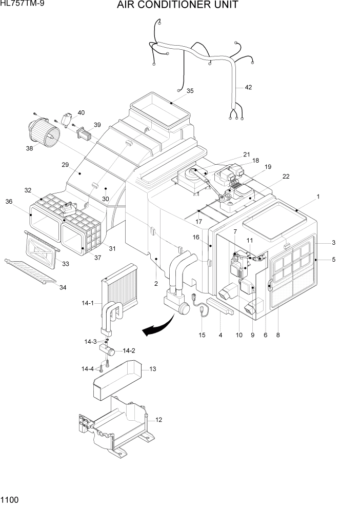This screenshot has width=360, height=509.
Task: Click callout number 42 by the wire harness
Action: coord(248,87)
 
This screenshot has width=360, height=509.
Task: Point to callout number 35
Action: coord(190,91)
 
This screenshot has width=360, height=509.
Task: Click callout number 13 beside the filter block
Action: coord(152,369)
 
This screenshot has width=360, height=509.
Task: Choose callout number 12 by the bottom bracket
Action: coord(158,420)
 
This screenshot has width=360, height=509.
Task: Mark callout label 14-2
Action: coord(129,351)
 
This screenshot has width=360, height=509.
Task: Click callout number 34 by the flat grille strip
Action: coord(63,287)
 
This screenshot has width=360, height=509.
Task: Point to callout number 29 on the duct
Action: coord(65,165)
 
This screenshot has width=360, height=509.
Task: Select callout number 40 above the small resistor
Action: coord(81,112)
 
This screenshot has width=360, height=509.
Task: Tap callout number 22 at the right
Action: coord(286,177)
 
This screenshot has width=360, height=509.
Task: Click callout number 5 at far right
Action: coord(333,260)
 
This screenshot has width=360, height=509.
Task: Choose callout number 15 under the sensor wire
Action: coord(202,335)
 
